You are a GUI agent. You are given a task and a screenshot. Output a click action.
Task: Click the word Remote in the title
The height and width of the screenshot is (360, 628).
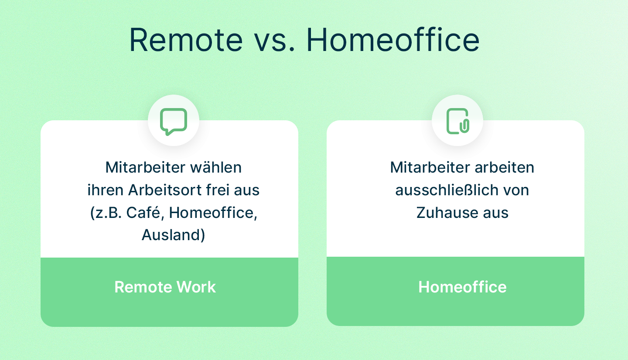[x=186, y=40]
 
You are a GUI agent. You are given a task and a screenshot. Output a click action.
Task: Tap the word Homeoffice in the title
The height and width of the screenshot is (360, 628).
[x=393, y=40]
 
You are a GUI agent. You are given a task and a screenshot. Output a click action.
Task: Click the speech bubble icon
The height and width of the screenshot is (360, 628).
[x=174, y=122]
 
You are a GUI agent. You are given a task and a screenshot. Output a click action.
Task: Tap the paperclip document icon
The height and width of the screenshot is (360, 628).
[x=458, y=121]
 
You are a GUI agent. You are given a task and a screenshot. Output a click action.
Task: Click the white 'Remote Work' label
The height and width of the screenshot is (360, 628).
[x=165, y=287]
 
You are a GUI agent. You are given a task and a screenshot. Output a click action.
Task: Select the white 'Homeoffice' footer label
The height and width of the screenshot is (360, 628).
[x=462, y=287]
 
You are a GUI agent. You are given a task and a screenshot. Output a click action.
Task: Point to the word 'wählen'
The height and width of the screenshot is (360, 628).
[x=216, y=167]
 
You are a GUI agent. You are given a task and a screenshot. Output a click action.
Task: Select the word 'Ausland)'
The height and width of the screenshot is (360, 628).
[x=174, y=235]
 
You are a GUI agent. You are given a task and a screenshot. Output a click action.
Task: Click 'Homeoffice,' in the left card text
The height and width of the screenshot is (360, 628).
[x=213, y=213]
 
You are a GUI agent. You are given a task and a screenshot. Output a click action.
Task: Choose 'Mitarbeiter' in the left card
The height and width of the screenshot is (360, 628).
[x=146, y=167]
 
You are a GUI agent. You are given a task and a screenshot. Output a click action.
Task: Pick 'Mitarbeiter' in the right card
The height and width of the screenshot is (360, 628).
[x=430, y=167]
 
